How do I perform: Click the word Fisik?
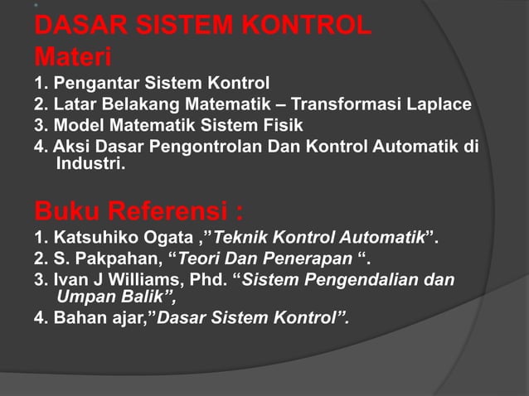click(281, 126)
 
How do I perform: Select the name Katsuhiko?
click(90, 240)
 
